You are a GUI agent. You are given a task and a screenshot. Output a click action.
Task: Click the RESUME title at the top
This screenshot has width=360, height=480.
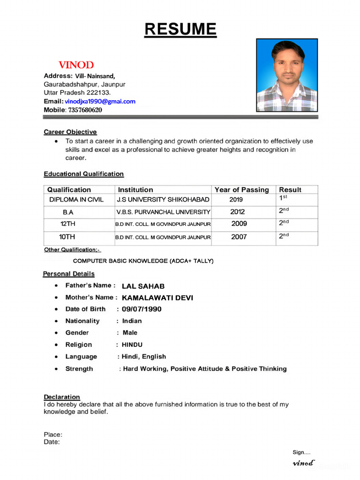point(180,29)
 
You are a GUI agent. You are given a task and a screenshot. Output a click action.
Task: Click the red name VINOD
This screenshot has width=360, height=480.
point(76,65)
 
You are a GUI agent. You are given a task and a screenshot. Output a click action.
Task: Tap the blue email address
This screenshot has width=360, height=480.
point(100,101)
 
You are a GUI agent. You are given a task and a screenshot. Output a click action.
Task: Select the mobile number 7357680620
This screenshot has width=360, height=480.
point(85,110)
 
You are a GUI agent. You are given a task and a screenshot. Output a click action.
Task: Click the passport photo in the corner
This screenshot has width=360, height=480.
point(287,75)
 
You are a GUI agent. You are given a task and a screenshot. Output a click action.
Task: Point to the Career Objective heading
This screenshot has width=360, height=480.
point(70,132)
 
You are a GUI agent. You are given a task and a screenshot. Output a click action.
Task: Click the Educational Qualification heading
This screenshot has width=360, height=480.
point(84,174)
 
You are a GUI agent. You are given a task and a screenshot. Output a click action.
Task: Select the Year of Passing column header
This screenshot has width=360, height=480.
point(241,190)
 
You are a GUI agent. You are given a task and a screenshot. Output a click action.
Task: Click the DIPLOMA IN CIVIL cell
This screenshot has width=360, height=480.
point(76,200)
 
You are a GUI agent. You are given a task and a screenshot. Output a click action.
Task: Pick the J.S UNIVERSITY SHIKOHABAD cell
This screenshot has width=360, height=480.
point(163,200)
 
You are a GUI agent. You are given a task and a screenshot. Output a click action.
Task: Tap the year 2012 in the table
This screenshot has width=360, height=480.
point(237,212)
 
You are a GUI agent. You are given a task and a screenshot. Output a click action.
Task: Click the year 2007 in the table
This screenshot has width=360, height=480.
point(239,237)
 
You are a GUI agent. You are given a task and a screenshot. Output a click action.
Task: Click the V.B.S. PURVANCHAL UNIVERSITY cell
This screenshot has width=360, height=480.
point(163,212)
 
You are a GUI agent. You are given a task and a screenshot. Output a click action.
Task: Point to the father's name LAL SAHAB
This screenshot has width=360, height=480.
point(143,286)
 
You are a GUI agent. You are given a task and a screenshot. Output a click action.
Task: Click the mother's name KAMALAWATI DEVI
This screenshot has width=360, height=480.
point(157,298)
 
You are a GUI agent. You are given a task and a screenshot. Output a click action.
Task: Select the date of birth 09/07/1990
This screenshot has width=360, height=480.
point(142,309)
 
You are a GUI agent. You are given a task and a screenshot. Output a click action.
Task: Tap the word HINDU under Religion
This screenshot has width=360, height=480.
point(132,345)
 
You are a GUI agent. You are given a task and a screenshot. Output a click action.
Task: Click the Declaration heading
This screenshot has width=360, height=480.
point(62,397)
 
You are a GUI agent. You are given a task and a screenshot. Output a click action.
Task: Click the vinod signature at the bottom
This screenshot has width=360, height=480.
point(303,463)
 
